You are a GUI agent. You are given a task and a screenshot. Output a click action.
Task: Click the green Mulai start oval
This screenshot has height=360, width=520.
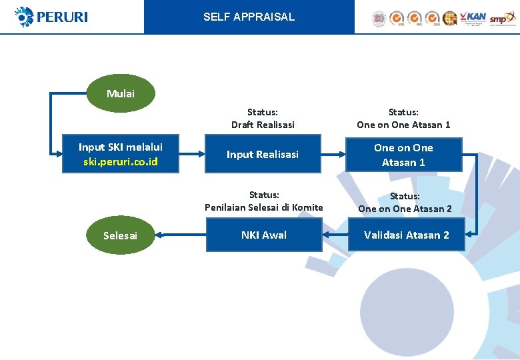pos(121,93)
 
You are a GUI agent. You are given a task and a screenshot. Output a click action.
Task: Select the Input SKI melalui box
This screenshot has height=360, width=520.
pos(121,155)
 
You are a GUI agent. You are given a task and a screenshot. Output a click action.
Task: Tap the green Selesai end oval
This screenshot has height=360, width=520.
pos(121,235)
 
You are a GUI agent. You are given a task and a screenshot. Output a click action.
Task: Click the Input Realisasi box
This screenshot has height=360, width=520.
pos(263,155)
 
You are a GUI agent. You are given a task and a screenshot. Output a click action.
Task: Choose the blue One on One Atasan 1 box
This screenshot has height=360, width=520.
pos(403,155)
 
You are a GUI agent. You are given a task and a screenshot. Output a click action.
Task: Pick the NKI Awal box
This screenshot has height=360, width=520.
pos(264,235)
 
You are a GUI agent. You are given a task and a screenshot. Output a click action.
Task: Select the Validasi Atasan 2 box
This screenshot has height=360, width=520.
pos(407,235)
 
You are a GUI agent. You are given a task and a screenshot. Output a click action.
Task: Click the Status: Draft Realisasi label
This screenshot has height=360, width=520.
pos(263,119)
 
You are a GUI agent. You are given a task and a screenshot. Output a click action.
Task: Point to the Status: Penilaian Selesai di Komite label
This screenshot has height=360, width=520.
pos(264,201)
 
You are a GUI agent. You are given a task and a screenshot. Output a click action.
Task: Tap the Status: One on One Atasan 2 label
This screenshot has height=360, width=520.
pos(405,202)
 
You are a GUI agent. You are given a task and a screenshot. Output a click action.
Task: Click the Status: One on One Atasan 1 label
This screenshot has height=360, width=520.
pos(403,119)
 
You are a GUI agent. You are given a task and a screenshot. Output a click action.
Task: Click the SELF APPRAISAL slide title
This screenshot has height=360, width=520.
pos(249,17)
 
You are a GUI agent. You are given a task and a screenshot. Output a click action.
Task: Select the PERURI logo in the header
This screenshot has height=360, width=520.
pos(51,17)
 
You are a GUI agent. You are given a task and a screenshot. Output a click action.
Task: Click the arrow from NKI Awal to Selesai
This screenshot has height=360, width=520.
pos(180,235)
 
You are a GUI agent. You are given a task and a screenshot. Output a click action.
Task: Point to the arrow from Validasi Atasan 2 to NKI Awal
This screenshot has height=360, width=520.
pos(335,235)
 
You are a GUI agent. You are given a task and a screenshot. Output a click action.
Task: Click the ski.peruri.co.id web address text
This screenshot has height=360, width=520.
pos(121,162)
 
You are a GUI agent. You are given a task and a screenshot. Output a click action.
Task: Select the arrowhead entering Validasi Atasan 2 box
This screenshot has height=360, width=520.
pos(469,235)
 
